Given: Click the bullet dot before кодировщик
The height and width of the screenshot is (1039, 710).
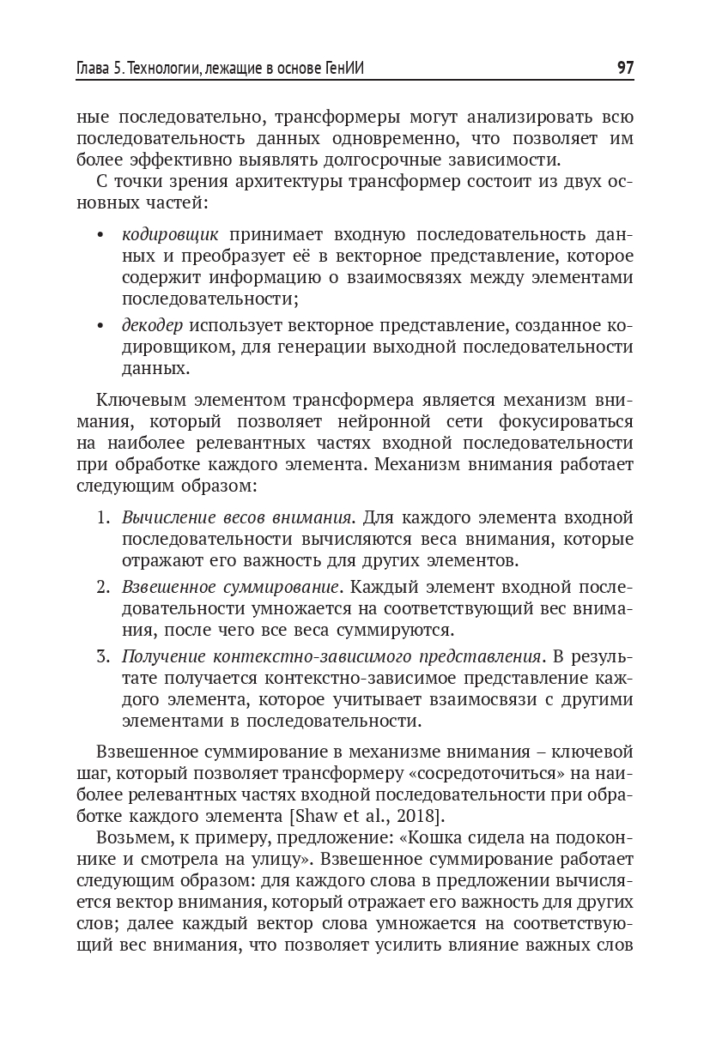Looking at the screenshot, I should (x=101, y=235).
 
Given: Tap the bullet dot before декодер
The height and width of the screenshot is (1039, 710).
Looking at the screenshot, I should (x=101, y=325).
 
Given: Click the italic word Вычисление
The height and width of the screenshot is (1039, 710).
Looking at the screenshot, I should (x=167, y=517).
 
